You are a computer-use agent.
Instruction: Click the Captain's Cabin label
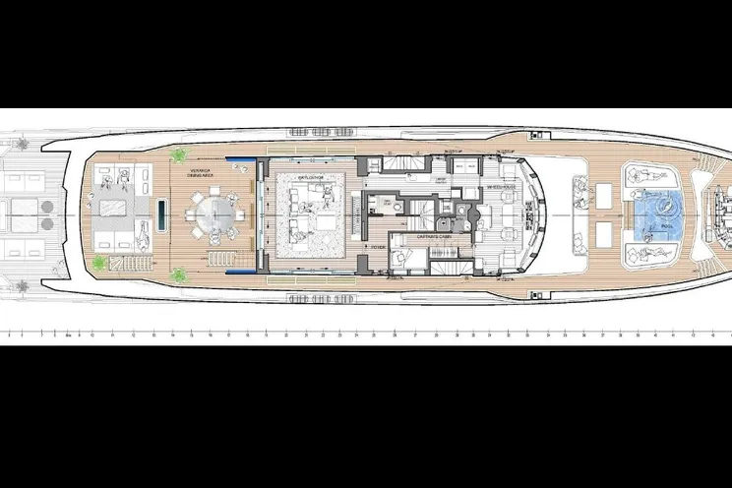click(407, 237)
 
